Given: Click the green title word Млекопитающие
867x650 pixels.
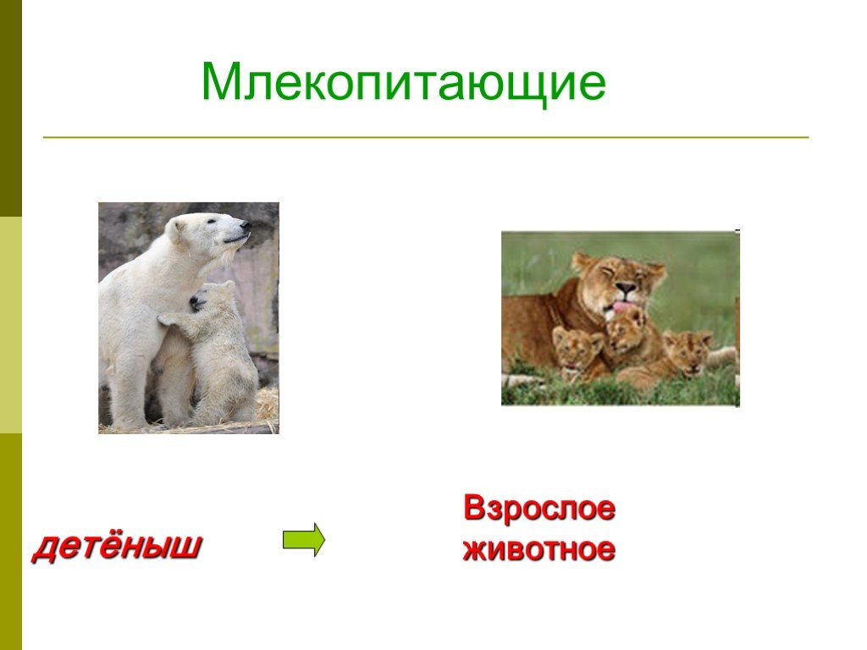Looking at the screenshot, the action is (x=404, y=83).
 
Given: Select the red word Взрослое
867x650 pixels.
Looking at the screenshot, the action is (x=539, y=509).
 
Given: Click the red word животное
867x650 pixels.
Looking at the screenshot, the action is (x=539, y=548).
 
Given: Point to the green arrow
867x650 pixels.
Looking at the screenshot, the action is (x=304, y=539).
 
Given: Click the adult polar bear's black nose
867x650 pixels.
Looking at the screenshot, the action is (x=246, y=225).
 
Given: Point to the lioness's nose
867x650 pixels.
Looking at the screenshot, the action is (x=626, y=288).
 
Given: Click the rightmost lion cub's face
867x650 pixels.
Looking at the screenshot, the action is (x=688, y=350).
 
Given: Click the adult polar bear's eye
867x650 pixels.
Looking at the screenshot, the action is (x=211, y=222).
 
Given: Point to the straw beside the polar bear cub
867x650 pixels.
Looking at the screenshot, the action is (x=266, y=408).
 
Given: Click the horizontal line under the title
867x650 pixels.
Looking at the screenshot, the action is (x=426, y=136).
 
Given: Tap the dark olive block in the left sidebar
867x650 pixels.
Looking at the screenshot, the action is (x=10, y=108).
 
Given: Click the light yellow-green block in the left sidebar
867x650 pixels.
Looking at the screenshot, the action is (x=10, y=325).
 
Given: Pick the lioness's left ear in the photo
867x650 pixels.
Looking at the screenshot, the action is (x=582, y=262).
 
